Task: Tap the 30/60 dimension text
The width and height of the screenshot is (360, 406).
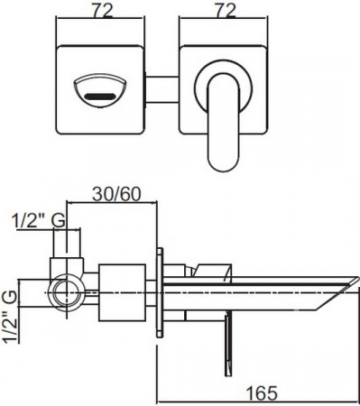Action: [116, 194]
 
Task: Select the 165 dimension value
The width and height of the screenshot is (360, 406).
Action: [262, 392]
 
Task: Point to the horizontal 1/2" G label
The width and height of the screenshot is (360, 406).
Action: [39, 221]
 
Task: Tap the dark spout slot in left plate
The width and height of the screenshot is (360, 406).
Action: [100, 97]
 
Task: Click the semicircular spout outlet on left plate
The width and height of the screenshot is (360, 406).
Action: [99, 89]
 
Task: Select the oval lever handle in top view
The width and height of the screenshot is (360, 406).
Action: [224, 122]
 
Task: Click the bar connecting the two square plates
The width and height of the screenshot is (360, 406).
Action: [162, 90]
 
